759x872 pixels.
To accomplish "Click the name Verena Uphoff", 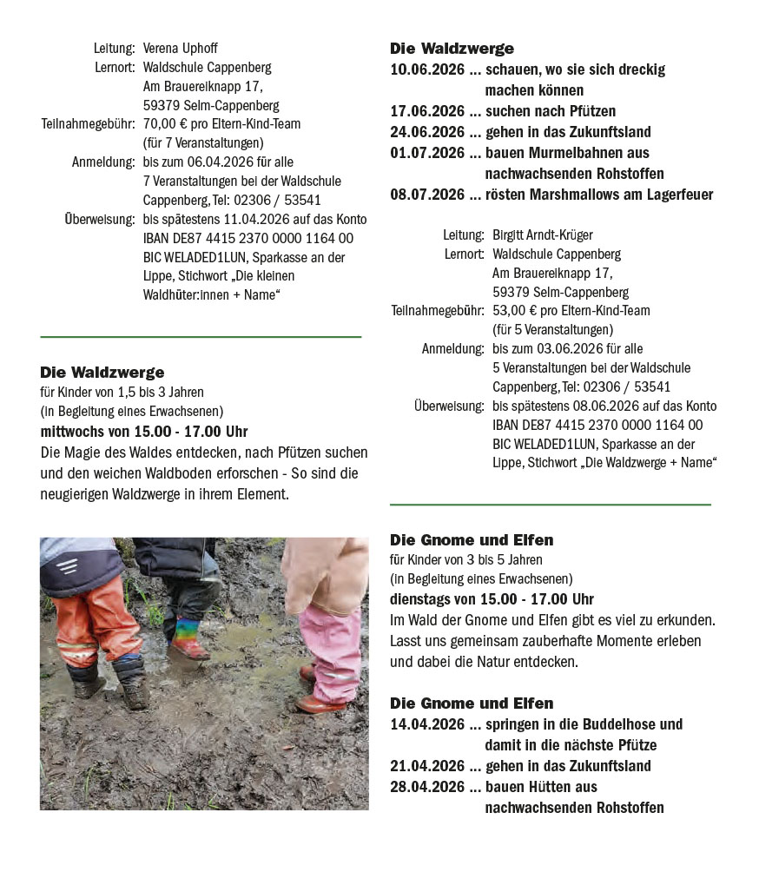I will [179, 48].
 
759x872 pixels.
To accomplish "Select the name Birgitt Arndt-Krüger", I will [543, 235].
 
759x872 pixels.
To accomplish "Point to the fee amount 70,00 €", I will [165, 123].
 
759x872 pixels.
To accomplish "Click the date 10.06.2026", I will [427, 69].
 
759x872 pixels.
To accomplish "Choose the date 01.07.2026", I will [427, 153].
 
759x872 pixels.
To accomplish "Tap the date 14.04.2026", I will [427, 724].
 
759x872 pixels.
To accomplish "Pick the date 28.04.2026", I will [427, 787].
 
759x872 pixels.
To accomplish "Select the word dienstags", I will [420, 599].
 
